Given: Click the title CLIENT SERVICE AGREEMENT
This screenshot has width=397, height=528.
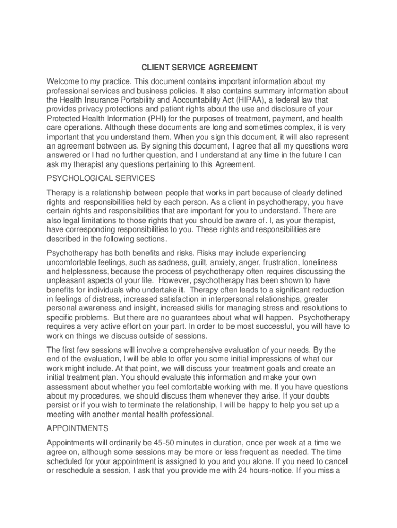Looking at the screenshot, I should (x=200, y=68).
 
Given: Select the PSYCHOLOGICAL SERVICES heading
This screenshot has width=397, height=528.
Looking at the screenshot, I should (x=101, y=178).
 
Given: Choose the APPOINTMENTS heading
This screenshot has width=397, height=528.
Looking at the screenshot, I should (x=77, y=428).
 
